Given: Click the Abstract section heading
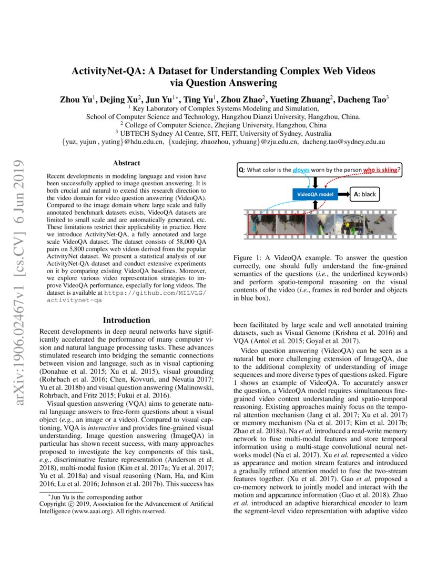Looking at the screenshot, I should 126,164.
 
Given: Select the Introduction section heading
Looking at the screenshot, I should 126,320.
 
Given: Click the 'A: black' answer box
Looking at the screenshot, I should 364,194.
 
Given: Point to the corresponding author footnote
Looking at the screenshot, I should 89,496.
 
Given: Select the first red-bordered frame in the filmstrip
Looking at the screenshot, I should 261,223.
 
